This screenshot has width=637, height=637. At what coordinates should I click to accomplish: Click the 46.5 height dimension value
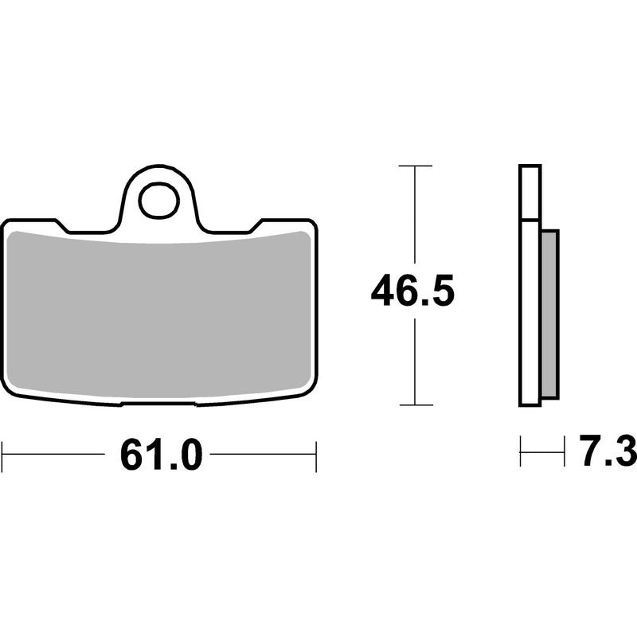click(412, 291)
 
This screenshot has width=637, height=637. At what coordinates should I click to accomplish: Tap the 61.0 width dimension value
click(161, 454)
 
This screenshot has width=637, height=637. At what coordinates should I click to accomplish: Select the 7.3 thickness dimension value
click(608, 451)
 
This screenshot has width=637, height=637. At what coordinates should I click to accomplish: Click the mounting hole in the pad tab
click(158, 201)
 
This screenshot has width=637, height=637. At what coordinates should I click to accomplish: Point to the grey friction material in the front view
click(158, 313)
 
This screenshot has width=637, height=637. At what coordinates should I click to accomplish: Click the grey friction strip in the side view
click(550, 314)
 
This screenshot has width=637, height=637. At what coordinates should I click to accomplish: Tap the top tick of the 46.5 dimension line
click(415, 166)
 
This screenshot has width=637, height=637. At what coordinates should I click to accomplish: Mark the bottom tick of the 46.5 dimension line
click(416, 404)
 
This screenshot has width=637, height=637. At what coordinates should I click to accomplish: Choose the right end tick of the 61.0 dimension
click(315, 456)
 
